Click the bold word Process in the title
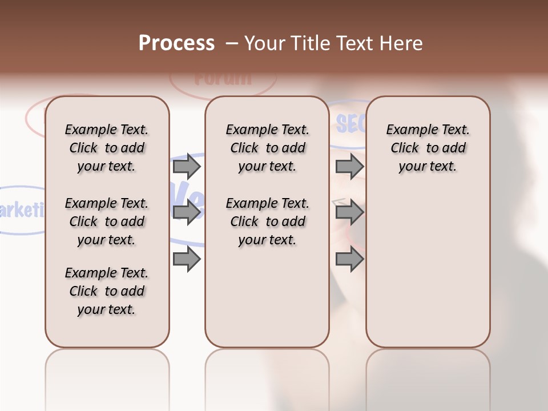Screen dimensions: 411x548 coord(176,43)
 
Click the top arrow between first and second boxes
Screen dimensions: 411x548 coord(187,166)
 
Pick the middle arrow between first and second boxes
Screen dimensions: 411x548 coord(187,212)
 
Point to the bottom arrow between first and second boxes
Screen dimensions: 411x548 coord(187,259)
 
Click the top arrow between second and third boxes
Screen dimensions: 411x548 coord(349,166)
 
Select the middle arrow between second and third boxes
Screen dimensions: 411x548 coord(349,212)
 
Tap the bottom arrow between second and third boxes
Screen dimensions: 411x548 coord(349,259)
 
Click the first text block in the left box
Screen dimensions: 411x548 coord(107,148)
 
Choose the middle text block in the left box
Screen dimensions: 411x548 coord(107,221)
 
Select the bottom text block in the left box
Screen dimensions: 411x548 coord(107,291)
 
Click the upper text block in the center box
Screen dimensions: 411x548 coord(267,148)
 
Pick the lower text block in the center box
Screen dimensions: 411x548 coord(267,221)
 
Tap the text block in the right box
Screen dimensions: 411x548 coord(428,148)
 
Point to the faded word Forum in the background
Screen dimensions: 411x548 coord(223,78)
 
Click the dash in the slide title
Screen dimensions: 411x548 coord(232,43)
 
